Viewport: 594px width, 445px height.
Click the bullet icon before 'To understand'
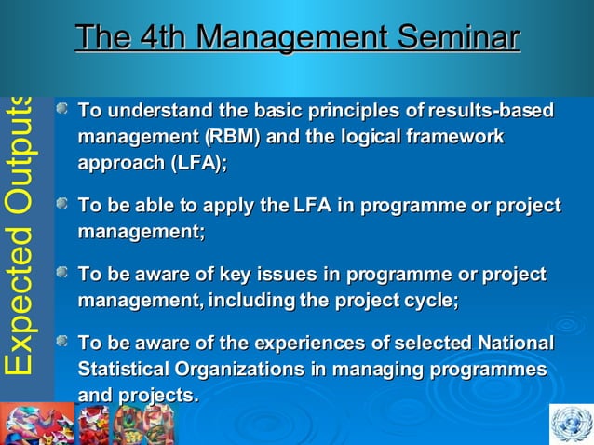(62, 112)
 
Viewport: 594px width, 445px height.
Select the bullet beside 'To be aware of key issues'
(62, 275)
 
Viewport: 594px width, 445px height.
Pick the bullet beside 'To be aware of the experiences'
(62, 344)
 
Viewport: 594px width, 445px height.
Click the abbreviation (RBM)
(226, 137)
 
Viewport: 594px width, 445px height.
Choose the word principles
(354, 112)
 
